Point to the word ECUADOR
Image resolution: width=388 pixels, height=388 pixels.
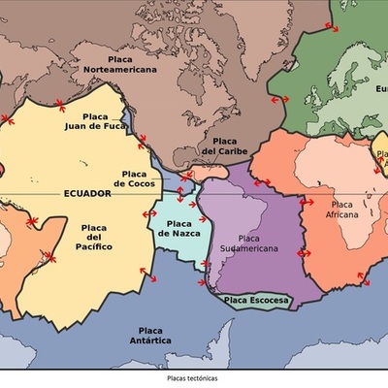tap(87, 193)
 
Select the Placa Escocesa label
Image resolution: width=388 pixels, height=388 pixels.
tap(256, 301)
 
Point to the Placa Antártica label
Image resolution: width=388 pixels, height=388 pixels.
tap(150, 336)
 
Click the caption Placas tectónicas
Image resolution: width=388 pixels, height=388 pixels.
tap(193, 377)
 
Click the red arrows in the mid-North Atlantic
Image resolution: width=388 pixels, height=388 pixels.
tap(279, 99)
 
